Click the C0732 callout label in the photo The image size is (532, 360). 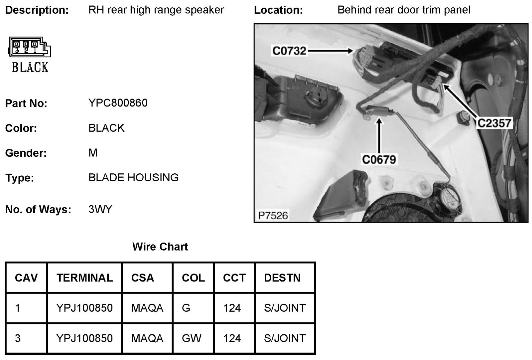pyautogui.click(x=289, y=51)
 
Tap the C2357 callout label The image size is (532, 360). pyautogui.click(x=494, y=123)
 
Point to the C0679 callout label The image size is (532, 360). pyautogui.click(x=379, y=160)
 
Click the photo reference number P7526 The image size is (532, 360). pyautogui.click(x=273, y=216)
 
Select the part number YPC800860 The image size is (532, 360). pyautogui.click(x=118, y=103)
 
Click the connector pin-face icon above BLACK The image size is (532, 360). pyautogui.click(x=29, y=47)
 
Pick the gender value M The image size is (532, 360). pyautogui.click(x=93, y=153)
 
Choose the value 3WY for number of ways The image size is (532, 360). pyautogui.click(x=100, y=209)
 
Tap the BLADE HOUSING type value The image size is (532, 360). pyautogui.click(x=133, y=178)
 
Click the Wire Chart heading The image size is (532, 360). pyautogui.click(x=160, y=247)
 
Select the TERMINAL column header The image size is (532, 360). pyautogui.click(x=84, y=278)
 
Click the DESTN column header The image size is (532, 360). pyautogui.click(x=282, y=278)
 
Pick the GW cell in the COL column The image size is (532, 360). pyautogui.click(x=192, y=338)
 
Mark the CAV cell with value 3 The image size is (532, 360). pyautogui.click(x=18, y=338)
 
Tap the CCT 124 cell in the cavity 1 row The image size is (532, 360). pyautogui.click(x=232, y=308)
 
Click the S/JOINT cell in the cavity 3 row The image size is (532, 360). pyautogui.click(x=285, y=338)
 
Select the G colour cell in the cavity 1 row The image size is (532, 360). pyautogui.click(x=186, y=308)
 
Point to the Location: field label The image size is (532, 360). pyautogui.click(x=278, y=10)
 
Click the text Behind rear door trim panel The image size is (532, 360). pyautogui.click(x=404, y=10)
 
